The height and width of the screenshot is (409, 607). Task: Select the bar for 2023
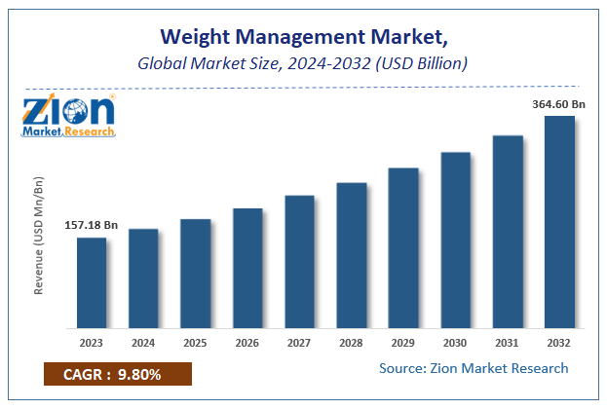[91, 281]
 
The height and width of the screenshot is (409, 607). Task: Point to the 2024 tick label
[143, 342]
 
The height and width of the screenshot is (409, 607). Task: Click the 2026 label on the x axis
[247, 342]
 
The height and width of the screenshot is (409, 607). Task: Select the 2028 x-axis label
[351, 342]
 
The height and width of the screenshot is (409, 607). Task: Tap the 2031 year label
[508, 342]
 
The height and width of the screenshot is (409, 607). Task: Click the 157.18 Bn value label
[92, 225]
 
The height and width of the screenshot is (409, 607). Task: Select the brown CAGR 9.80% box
[118, 374]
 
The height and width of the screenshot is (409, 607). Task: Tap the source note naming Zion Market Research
[473, 368]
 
